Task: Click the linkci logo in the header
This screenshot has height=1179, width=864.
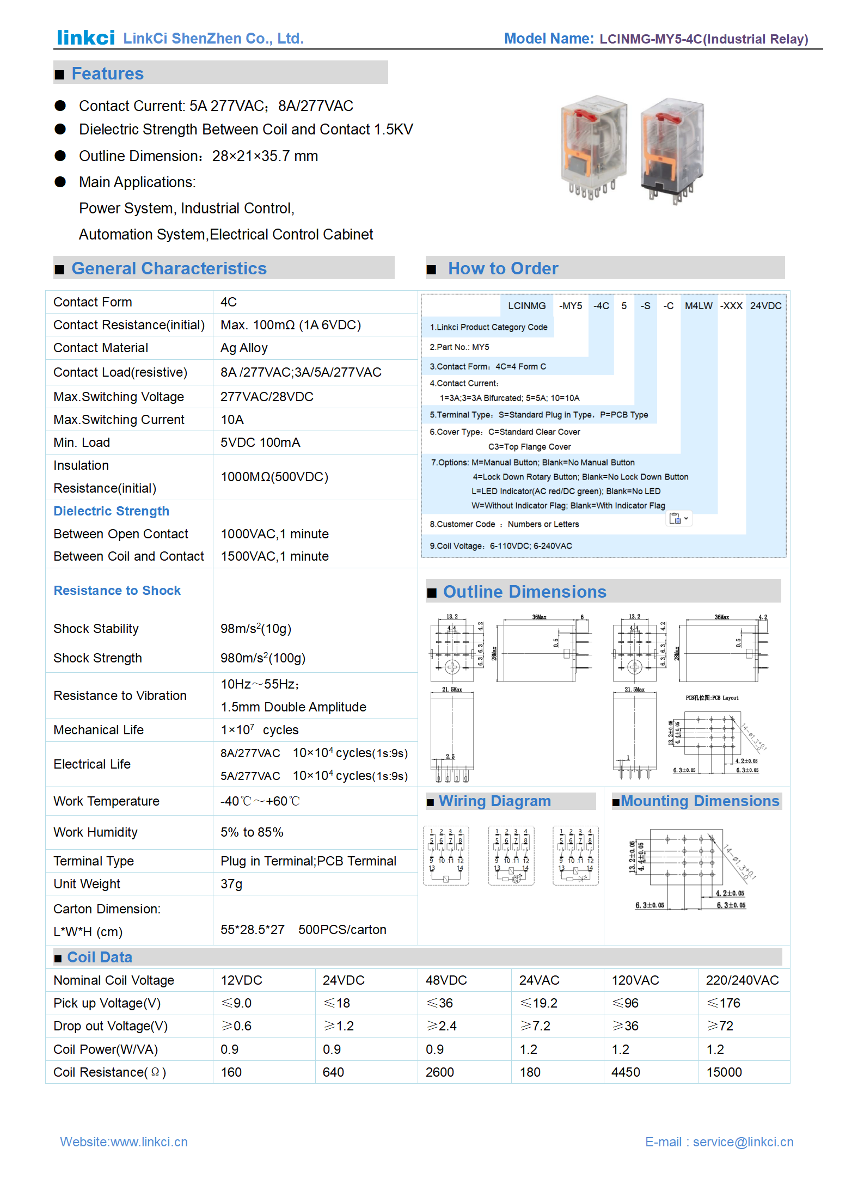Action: pos(85,38)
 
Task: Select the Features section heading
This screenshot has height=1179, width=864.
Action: pos(107,73)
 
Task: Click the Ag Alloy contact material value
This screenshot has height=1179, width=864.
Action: pos(244,348)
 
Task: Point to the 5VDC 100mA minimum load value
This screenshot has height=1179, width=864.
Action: pos(260,443)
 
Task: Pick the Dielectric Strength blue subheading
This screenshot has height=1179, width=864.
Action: pos(111,511)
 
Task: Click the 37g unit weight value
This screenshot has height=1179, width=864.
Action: pos(231,884)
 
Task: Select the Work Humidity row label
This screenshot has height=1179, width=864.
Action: pos(95,832)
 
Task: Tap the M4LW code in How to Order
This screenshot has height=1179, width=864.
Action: pos(698,306)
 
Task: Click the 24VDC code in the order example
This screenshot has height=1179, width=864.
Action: pos(765,306)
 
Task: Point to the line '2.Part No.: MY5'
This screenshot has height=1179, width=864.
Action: pos(459,347)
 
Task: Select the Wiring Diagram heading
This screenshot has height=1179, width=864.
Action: pos(494,801)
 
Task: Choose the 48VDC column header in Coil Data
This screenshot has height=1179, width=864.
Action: pos(446,980)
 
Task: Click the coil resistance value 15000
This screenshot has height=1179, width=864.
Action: pos(724,1072)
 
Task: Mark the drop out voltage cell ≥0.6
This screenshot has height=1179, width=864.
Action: pos(236,1026)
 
